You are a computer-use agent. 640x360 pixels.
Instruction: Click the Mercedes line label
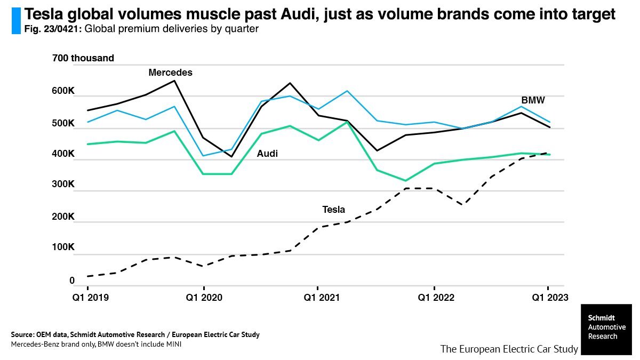pyautogui.click(x=170, y=73)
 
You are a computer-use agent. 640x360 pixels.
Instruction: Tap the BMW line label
pyautogui.click(x=533, y=100)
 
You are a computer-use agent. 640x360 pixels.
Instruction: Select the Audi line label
pyautogui.click(x=267, y=154)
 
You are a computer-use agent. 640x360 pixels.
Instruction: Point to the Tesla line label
pyautogui.click(x=333, y=210)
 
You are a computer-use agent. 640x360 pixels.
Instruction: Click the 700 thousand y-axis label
pyautogui.click(x=83, y=58)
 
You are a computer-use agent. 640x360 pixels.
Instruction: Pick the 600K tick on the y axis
pyautogui.click(x=63, y=91)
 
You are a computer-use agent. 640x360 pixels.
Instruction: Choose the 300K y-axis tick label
pyautogui.click(x=63, y=185)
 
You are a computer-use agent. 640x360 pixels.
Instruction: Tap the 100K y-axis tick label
pyautogui.click(x=63, y=247)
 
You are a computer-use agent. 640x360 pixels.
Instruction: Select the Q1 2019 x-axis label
pyautogui.click(x=90, y=297)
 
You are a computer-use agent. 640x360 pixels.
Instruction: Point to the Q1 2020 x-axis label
pyautogui.click(x=203, y=297)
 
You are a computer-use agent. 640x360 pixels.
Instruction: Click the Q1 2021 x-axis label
pyautogui.click(x=317, y=297)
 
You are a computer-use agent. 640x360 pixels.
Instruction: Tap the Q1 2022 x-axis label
pyautogui.click(x=435, y=297)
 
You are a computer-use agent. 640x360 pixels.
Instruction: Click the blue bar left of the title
pyautogui.click(x=15, y=21)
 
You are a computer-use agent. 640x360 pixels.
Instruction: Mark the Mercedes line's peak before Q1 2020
pyautogui.click(x=174, y=81)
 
